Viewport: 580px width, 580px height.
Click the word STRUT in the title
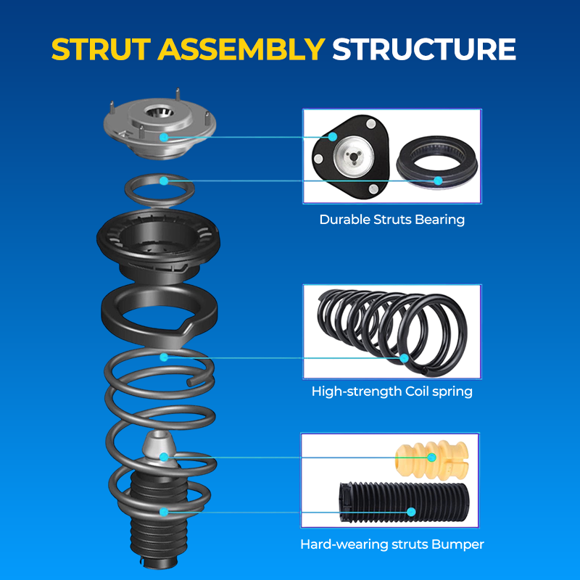101,49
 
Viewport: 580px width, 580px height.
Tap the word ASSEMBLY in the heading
241,49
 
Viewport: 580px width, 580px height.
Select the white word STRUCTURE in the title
424,49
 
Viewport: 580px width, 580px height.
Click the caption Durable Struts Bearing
391,220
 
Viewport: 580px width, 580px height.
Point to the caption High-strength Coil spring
391,391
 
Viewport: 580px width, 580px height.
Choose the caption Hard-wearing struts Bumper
391,544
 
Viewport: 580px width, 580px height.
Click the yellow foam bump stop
431,459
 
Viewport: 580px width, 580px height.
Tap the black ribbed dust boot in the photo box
404,503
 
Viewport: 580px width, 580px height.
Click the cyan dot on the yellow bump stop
431,457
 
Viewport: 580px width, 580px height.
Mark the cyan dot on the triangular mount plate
333,136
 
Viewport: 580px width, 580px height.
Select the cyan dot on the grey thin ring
164,181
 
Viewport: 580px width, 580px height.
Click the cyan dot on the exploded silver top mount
164,137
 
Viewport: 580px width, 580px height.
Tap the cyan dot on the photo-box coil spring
404,358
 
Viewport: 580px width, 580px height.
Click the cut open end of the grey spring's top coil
190,383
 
